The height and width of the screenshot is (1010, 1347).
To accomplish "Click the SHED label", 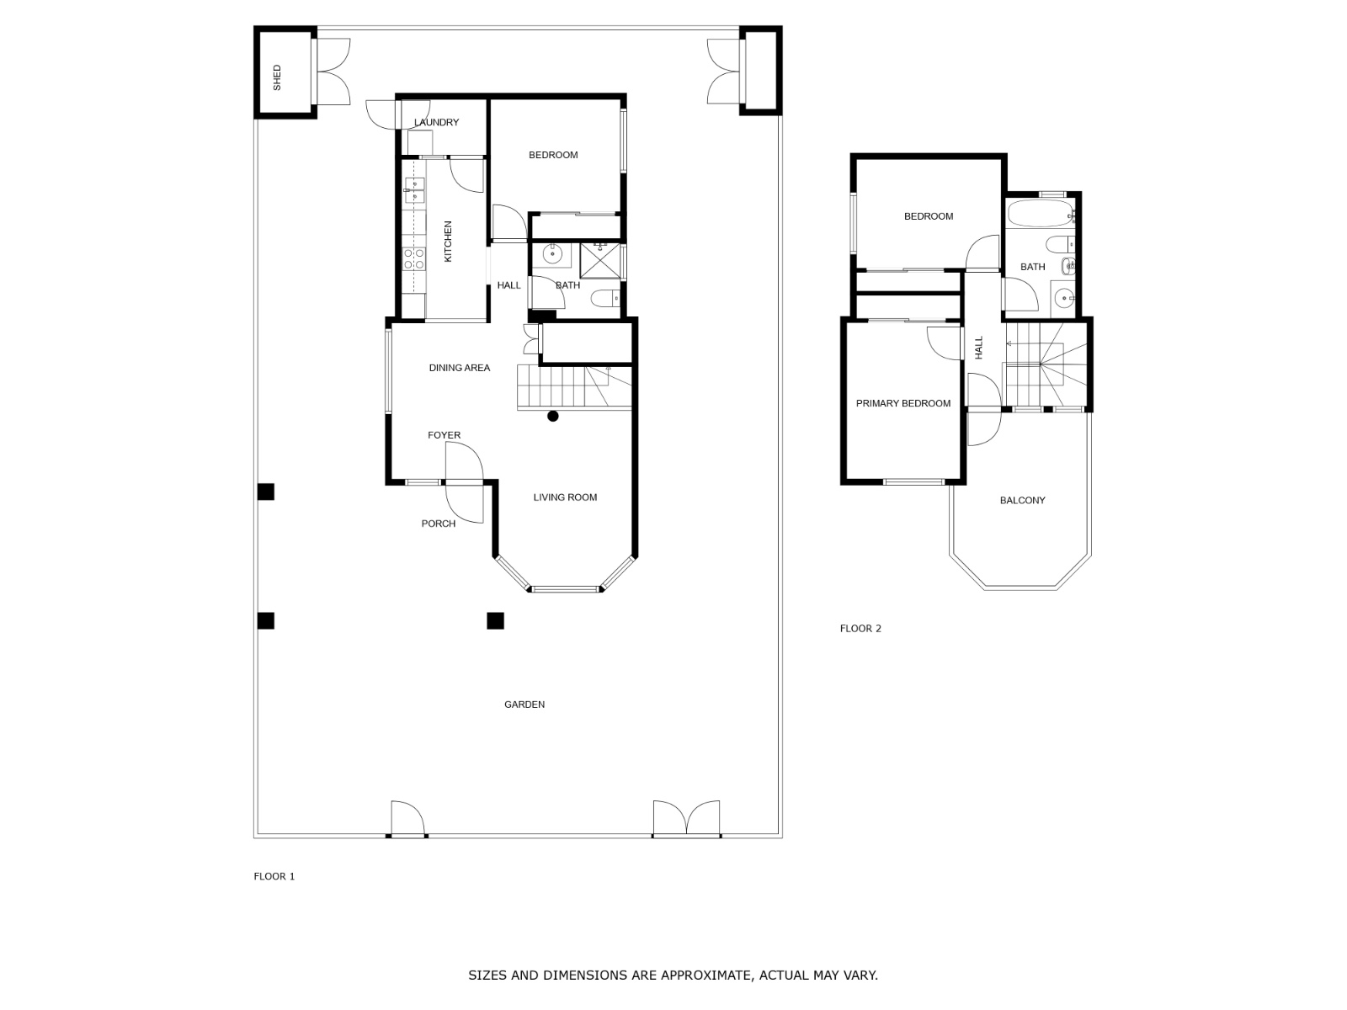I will point(277,77).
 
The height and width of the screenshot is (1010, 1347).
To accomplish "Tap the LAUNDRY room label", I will point(437,123).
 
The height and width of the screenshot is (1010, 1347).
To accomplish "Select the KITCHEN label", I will point(448,242).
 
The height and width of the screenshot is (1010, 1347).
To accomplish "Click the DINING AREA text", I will point(459,368).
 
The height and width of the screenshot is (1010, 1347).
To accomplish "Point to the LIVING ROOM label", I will point(565,497).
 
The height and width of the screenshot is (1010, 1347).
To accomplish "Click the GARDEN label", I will point(524,704).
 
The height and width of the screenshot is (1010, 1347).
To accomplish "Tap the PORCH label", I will point(438,524).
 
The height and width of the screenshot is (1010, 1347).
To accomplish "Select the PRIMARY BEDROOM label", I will point(902,403).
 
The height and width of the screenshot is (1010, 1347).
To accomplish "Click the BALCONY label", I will point(1022,500).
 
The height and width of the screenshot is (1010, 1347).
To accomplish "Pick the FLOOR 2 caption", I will point(860,628).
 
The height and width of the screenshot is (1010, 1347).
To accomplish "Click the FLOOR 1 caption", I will point(274,876).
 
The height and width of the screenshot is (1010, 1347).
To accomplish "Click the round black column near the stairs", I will point(553,416).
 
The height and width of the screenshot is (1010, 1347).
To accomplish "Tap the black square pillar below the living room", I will point(495,621).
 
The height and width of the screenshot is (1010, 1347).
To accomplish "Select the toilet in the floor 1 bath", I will point(604,299).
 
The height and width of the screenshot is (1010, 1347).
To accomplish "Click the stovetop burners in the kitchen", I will point(413,258).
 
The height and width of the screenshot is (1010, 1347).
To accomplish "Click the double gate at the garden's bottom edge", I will point(687,820).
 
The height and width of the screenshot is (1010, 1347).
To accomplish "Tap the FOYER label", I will point(444,435).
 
